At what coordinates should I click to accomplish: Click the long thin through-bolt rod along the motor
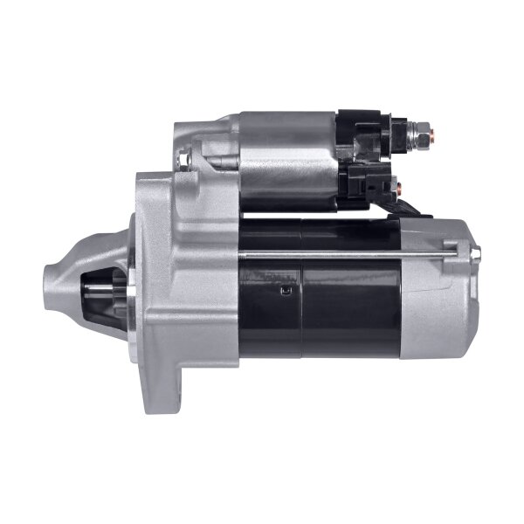(349, 254)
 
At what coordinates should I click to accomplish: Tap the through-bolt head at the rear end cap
(477, 252)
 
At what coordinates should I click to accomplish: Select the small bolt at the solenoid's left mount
(184, 159)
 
